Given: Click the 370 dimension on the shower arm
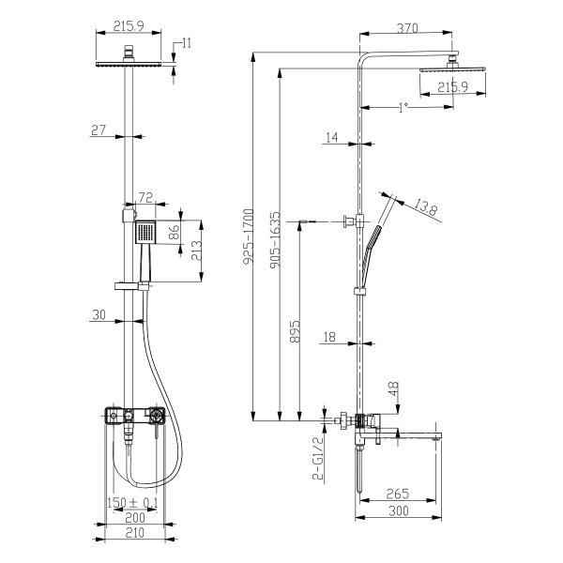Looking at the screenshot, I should pos(406,30).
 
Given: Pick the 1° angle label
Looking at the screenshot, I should pos(403,108).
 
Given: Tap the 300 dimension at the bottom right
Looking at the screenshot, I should pos(398,510).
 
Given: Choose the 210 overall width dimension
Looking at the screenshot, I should pos(132,533).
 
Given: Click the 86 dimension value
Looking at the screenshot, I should pos(175,233).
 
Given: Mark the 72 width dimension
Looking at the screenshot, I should pos(146,198).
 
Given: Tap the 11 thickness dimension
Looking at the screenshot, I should pos(188,43).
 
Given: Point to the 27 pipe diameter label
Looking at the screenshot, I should pos(99,130).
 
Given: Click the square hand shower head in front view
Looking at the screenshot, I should pos(146,233).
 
